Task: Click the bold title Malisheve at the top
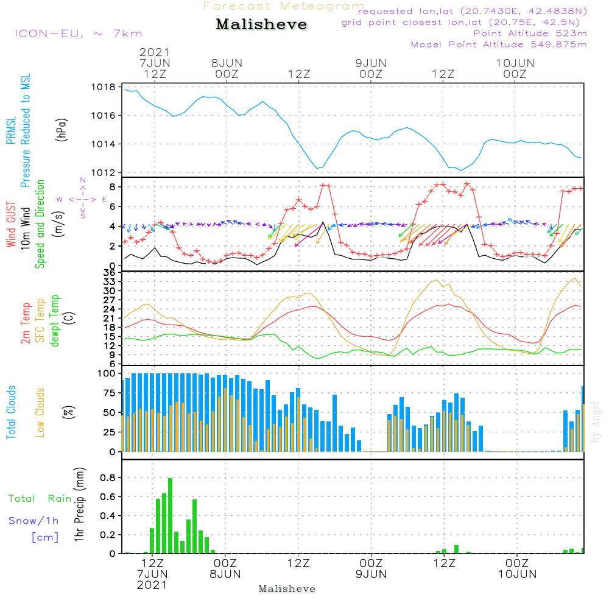tap(261, 25)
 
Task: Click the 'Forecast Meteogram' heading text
tap(284, 6)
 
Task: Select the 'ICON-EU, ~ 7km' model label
tap(78, 33)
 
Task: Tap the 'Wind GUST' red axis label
tap(12, 225)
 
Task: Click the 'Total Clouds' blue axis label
tap(12, 412)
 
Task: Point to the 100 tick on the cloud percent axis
tap(107, 373)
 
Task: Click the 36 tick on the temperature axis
tap(109, 272)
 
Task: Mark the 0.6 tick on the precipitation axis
tap(109, 496)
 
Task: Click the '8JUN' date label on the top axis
tap(227, 63)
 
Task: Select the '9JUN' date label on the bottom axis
tap(371, 574)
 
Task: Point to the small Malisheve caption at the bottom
tap(287, 589)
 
